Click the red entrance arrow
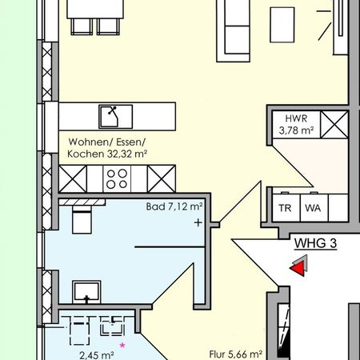click(x=298, y=270)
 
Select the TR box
click(x=286, y=209)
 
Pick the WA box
click(x=313, y=209)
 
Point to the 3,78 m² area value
click(x=294, y=130)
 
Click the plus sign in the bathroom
click(x=198, y=223)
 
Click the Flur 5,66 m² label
click(x=236, y=352)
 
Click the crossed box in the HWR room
click(x=334, y=124)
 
